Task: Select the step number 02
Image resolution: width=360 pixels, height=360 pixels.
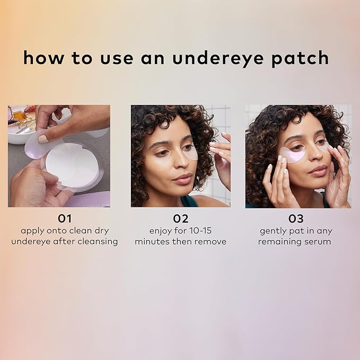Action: [180, 218]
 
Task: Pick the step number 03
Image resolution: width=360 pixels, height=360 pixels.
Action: [295, 218]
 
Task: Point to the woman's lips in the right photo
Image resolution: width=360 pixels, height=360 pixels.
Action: [318, 171]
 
